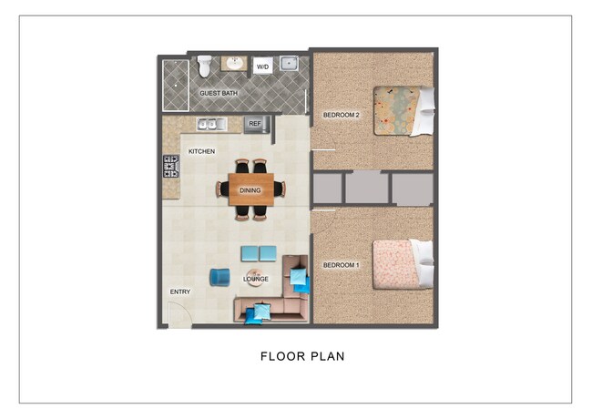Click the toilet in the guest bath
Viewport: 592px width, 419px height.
(205, 65)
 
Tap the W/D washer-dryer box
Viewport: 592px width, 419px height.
(262, 66)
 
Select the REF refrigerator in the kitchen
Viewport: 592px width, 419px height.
(254, 123)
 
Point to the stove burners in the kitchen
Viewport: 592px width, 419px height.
(170, 166)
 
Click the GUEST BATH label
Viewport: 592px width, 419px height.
(219, 93)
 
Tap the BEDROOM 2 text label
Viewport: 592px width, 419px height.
(342, 115)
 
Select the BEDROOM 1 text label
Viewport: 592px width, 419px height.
(342, 265)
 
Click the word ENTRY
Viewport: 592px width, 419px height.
(180, 291)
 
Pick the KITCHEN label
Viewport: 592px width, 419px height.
(201, 150)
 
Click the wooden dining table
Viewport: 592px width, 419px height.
(250, 189)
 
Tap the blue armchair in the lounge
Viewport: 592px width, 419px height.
(219, 277)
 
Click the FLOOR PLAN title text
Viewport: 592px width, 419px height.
(302, 356)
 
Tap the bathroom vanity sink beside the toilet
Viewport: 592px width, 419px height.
(234, 64)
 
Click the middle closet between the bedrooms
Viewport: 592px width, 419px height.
(367, 189)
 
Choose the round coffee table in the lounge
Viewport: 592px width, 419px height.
(256, 280)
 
